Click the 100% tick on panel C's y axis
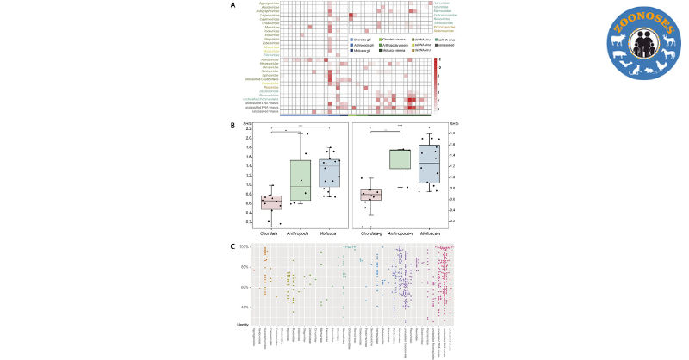(245, 248)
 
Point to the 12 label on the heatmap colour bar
(439, 59)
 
